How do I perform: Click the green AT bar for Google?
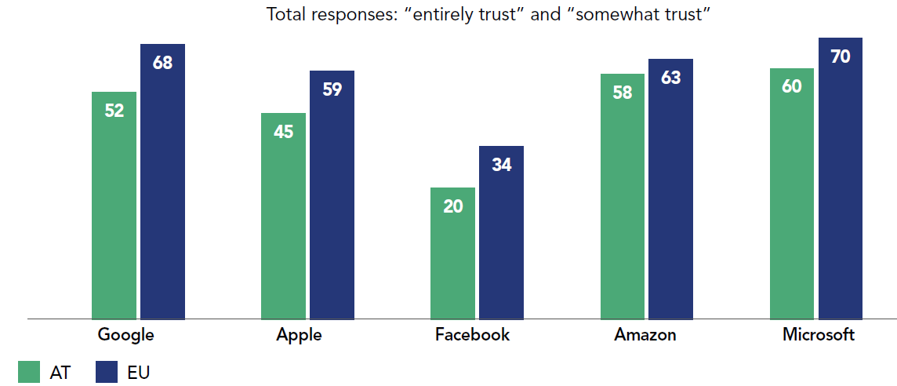[114, 206]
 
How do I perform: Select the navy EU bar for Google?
[162, 182]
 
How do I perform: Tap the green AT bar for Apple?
[283, 217]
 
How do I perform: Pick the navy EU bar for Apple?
[332, 195]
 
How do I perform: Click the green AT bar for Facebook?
[452, 253]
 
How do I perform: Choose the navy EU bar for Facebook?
[501, 233]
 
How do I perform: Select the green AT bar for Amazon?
[622, 197]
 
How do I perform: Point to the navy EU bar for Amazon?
[670, 189]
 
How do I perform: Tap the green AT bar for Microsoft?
[791, 194]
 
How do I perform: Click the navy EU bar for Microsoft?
[840, 179]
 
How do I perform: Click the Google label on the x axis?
[125, 335]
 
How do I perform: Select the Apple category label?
[299, 335]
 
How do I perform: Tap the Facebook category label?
[472, 335]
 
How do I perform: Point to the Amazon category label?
[645, 335]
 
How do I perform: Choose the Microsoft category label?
[819, 335]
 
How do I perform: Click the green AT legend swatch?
[29, 372]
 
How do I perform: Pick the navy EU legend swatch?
[106, 372]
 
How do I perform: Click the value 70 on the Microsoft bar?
[840, 56]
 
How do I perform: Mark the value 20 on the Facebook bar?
[452, 206]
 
